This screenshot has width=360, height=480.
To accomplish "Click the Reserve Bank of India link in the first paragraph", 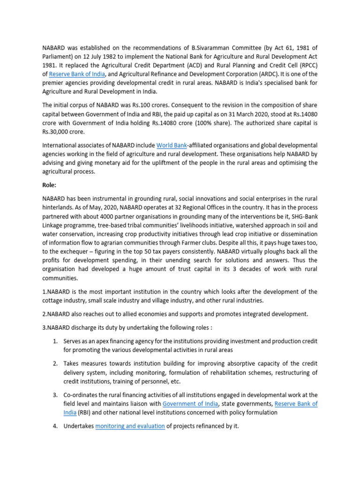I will pos(77,74).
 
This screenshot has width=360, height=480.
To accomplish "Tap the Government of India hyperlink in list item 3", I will pos(189,404).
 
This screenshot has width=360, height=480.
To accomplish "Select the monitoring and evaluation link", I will pos(130,426).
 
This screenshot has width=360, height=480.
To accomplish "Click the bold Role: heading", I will pos(49,185).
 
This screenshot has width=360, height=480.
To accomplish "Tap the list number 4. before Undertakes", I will pos(55,426).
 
